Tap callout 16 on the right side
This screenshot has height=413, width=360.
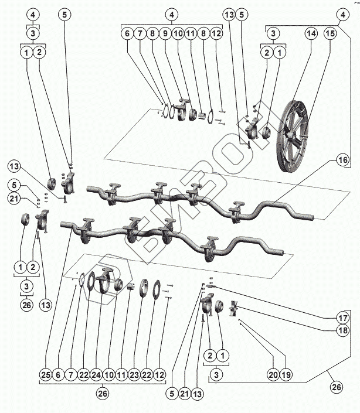click(342, 159)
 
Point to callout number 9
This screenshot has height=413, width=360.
click(165, 34)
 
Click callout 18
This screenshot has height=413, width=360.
click(342, 330)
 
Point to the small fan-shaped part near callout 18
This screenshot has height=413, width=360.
click(236, 310)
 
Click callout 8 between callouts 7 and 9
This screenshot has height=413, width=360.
click(152, 34)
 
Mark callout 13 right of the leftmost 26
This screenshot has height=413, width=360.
click(45, 305)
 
